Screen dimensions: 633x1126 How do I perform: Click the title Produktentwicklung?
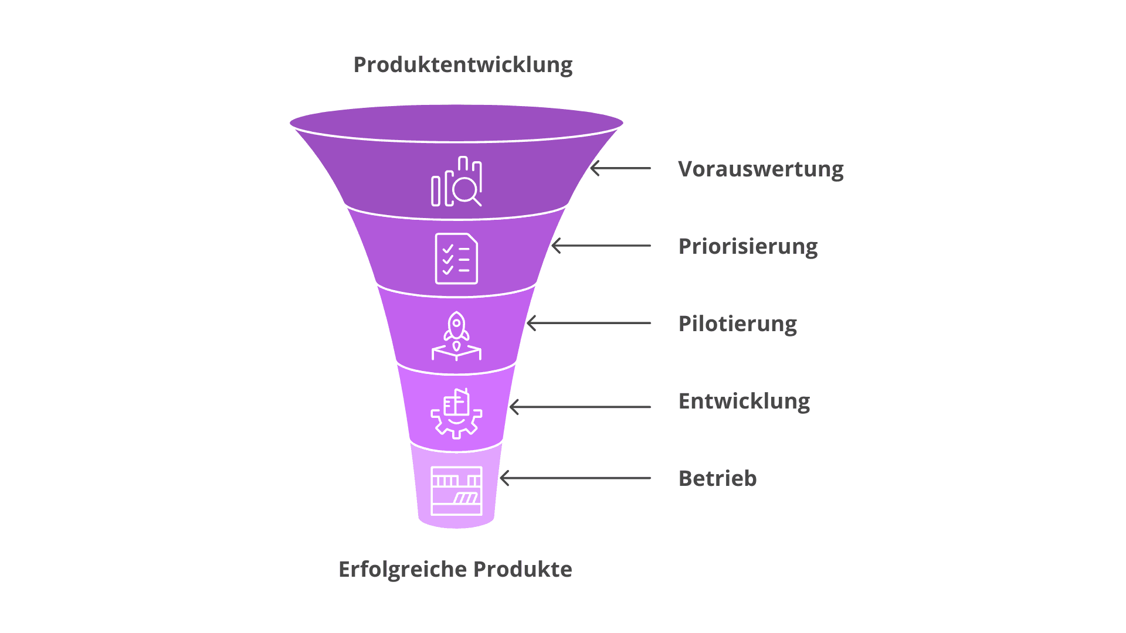pyautogui.click(x=463, y=65)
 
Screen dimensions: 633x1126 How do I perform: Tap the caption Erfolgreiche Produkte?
pyautogui.click(x=455, y=569)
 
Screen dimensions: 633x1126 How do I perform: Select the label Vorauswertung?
pyautogui.click(x=761, y=169)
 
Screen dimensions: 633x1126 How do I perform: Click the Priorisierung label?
pyautogui.click(x=748, y=247)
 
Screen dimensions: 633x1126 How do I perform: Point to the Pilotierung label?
pyautogui.click(x=737, y=324)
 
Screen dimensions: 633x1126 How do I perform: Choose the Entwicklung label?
pyautogui.click(x=744, y=401)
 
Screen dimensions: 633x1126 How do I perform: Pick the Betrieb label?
pyautogui.click(x=717, y=479)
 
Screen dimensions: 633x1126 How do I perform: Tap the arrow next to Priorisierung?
pyautogui.click(x=601, y=246)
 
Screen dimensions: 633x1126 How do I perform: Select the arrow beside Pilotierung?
pyautogui.click(x=589, y=323)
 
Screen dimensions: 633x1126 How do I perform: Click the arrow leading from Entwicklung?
pyautogui.click(x=580, y=407)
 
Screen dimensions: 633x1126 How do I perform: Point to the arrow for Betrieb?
pyautogui.click(x=575, y=478)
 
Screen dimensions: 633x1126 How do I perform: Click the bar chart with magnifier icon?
pyautogui.click(x=456, y=182)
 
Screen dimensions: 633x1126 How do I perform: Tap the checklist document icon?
pyautogui.click(x=456, y=258)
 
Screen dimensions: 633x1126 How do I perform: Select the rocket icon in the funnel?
pyautogui.click(x=456, y=335)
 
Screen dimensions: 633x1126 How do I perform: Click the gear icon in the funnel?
pyautogui.click(x=456, y=414)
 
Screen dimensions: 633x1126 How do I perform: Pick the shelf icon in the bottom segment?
pyautogui.click(x=456, y=491)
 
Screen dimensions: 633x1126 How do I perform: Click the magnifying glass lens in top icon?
pyautogui.click(x=465, y=189)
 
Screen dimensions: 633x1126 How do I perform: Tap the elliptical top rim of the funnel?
pyautogui.click(x=456, y=122)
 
